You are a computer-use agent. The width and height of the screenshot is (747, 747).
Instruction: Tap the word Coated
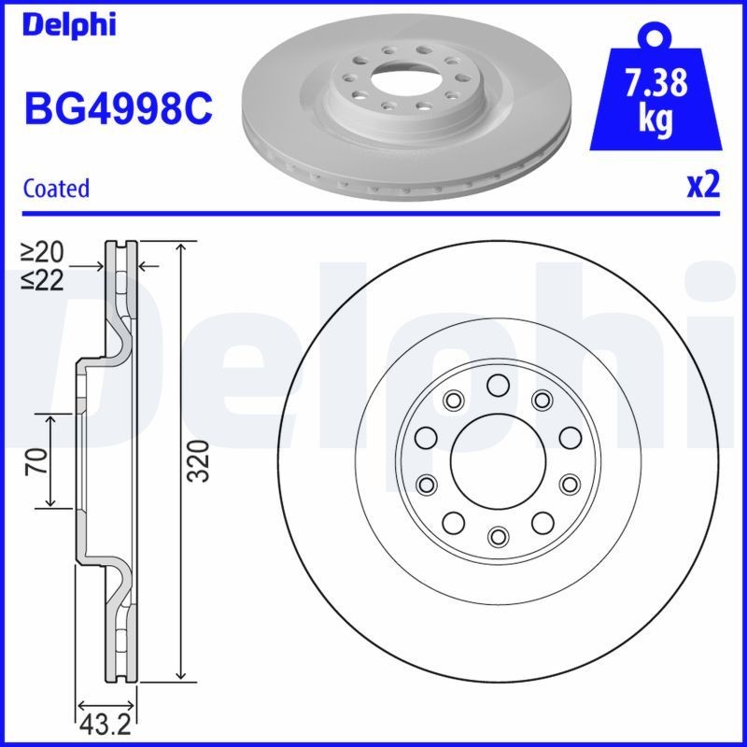pyautogui.click(x=56, y=189)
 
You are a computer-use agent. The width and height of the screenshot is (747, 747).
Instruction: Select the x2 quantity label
pyautogui.click(x=704, y=186)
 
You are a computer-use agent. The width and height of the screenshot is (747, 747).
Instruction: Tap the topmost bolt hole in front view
pyautogui.click(x=497, y=385)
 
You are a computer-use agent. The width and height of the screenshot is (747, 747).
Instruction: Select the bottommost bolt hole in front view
pyautogui.click(x=497, y=535)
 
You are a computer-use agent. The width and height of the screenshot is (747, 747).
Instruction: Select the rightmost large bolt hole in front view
pyautogui.click(x=568, y=437)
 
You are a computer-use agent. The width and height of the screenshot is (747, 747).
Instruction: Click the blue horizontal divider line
pyautogui.click(x=373, y=214)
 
